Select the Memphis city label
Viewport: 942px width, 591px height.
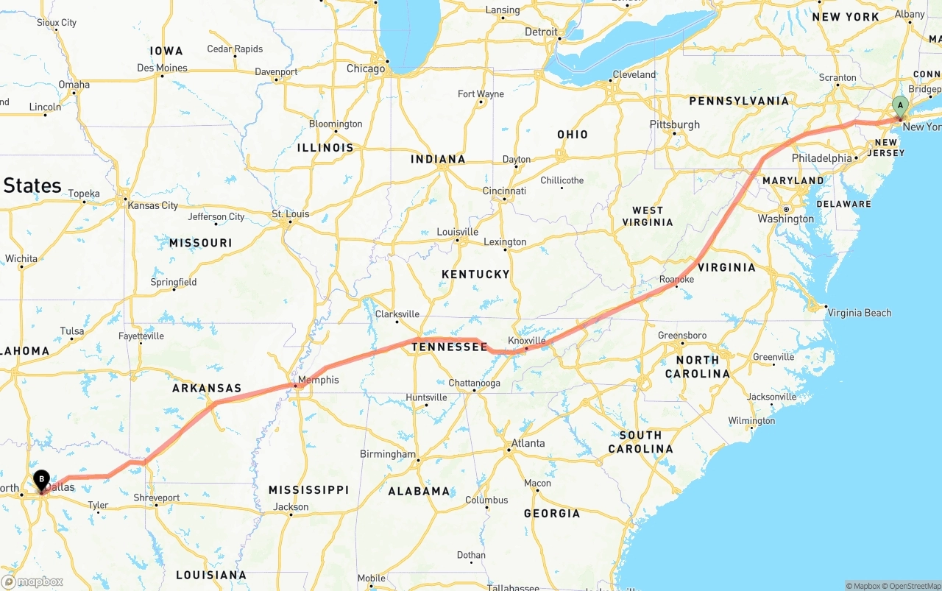tap(319, 380)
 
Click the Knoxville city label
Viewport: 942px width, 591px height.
tap(527, 340)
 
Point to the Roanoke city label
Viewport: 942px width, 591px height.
tap(676, 280)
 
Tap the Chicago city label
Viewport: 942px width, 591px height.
tap(366, 68)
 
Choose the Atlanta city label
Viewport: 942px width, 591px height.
tap(528, 443)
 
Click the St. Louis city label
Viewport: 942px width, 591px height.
tap(291, 214)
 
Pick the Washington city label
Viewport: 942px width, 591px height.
tap(786, 219)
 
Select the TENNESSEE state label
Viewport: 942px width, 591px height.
tap(449, 347)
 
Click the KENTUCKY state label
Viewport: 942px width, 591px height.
tap(475, 274)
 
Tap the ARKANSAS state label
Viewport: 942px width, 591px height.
tap(207, 388)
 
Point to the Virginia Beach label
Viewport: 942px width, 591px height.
tap(859, 313)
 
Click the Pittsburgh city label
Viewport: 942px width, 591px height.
tap(675, 124)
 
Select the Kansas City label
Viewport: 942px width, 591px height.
tap(153, 205)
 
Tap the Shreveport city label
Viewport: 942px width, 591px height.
tap(157, 498)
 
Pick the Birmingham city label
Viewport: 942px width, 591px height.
tap(388, 454)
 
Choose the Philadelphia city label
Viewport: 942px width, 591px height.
tap(821, 158)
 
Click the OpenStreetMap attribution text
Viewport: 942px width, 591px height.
tap(912, 586)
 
